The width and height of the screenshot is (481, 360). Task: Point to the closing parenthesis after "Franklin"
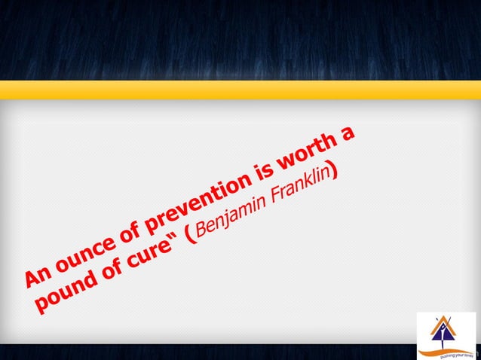(x=335, y=174)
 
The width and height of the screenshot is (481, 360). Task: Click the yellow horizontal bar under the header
(x=240, y=90)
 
